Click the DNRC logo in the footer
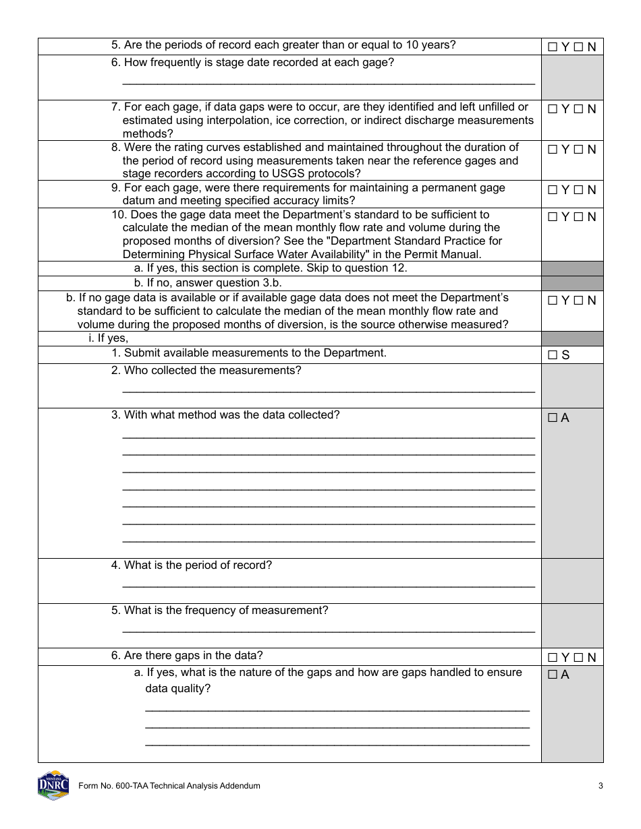[53, 785]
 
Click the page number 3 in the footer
[601, 786]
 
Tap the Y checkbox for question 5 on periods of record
[553, 47]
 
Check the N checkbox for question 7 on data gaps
[578, 109]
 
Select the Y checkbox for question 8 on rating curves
[553, 150]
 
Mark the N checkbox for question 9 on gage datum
[578, 190]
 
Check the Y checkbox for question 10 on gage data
[553, 217]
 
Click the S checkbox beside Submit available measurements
[553, 355]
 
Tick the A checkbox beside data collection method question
[553, 418]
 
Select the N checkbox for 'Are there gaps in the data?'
[578, 658]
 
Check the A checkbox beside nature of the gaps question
[553, 675]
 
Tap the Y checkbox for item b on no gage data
[553, 301]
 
